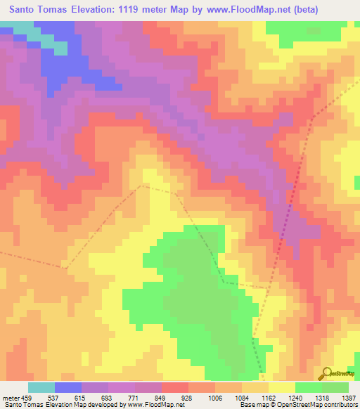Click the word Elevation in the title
click(x=96, y=10)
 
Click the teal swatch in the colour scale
click(x=41, y=387)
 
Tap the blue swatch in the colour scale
click(x=68, y=387)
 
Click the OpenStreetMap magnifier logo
click(x=326, y=372)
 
